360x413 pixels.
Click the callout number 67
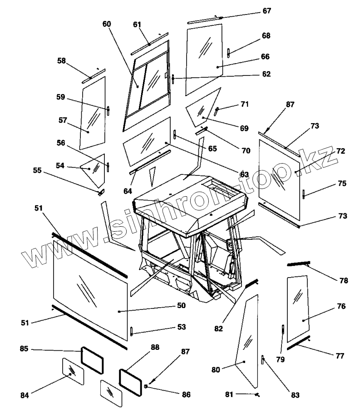point(266,10)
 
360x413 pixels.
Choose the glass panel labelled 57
point(93,114)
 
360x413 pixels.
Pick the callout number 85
point(24,349)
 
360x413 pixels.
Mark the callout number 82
point(219,328)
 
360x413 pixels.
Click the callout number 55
point(37,170)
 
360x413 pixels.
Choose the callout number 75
point(342,184)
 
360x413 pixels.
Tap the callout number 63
point(244,174)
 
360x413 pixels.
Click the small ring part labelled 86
point(146,386)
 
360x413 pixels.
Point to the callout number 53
point(182,327)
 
